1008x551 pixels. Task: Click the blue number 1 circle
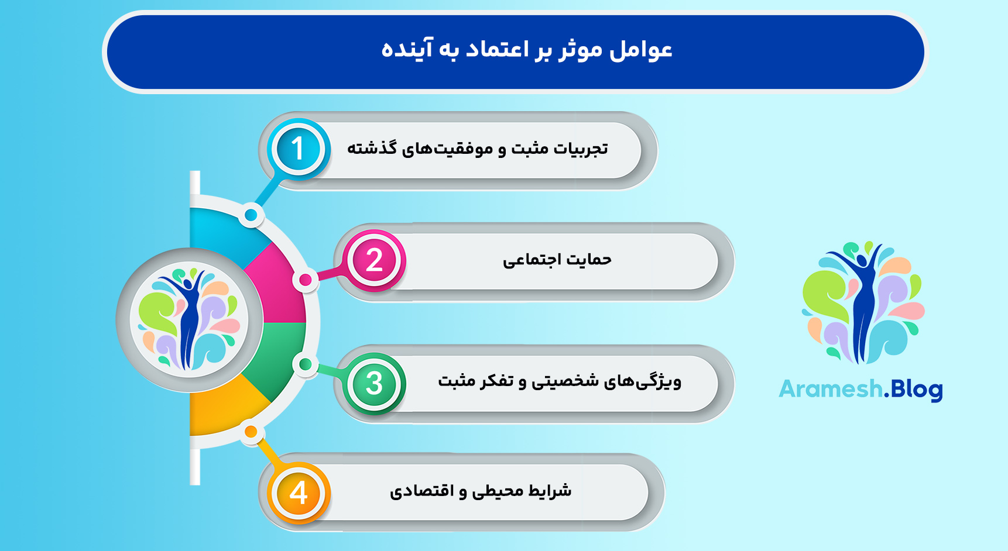click(x=298, y=149)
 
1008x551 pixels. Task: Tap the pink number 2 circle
click(x=374, y=260)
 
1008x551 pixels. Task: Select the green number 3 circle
click(x=374, y=384)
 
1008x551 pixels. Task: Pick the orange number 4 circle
click(x=299, y=493)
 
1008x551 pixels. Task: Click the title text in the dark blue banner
click(x=527, y=50)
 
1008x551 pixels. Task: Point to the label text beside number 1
click(x=477, y=149)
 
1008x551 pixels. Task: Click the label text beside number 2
click(x=557, y=260)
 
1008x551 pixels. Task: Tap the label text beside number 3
click(x=560, y=381)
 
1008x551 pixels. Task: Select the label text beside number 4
click(x=481, y=491)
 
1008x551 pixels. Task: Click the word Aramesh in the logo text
click(x=830, y=389)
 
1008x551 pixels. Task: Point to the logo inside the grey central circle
click(x=189, y=319)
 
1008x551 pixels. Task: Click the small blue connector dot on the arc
click(x=251, y=215)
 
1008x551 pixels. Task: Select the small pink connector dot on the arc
click(x=305, y=280)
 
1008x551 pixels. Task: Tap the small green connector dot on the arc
click(x=305, y=364)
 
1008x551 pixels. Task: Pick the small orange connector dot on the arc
click(x=251, y=432)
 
